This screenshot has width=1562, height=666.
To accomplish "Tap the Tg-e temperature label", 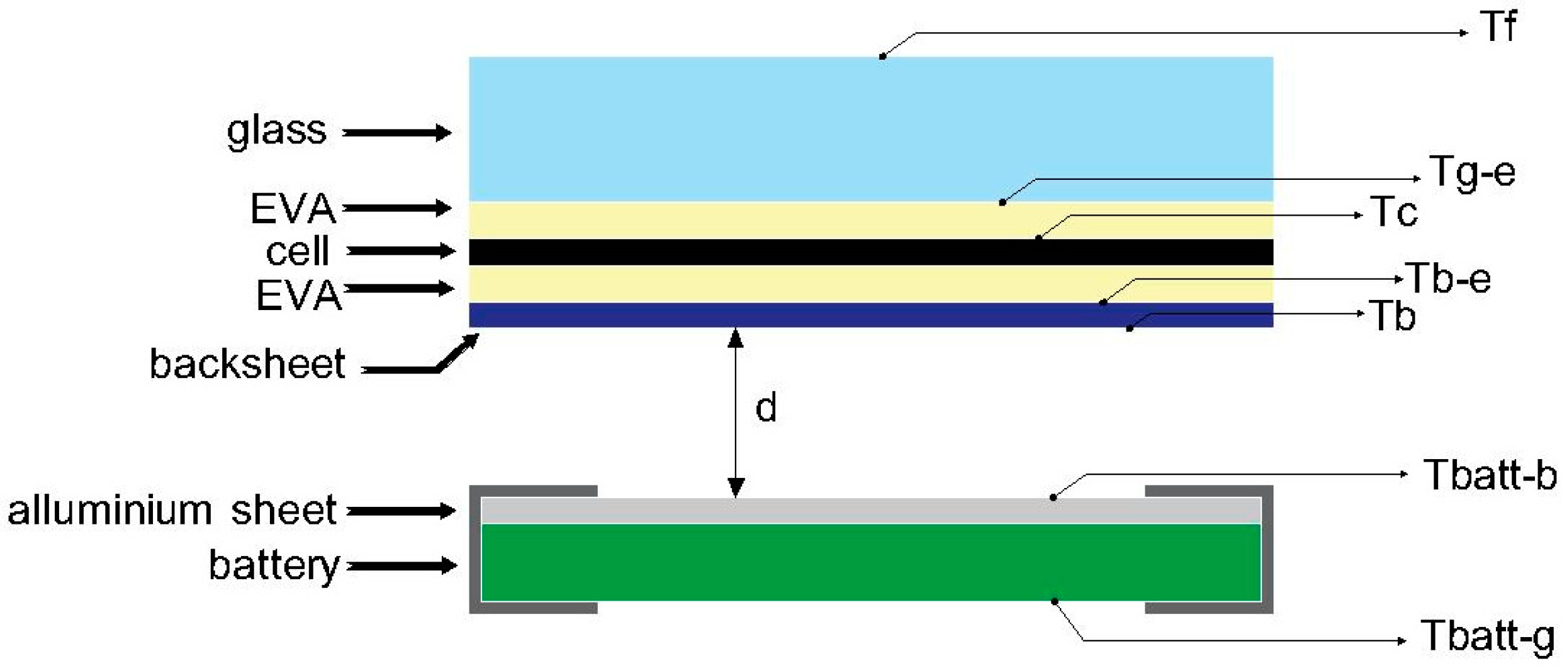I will point(1473,172).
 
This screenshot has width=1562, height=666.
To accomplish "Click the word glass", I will point(276,131).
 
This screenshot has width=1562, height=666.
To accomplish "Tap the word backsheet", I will point(247,364).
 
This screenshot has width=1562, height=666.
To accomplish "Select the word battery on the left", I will point(274,565).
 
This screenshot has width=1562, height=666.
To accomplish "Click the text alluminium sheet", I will point(171,509).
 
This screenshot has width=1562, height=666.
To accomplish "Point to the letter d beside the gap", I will point(766,408).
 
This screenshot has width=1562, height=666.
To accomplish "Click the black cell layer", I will point(755,252).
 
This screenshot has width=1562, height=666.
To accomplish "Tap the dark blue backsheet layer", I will point(755,315).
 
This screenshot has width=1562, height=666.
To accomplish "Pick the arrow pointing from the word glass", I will point(396,133).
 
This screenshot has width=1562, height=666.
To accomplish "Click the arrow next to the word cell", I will point(401,251).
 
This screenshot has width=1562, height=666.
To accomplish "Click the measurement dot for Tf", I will point(883,57).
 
